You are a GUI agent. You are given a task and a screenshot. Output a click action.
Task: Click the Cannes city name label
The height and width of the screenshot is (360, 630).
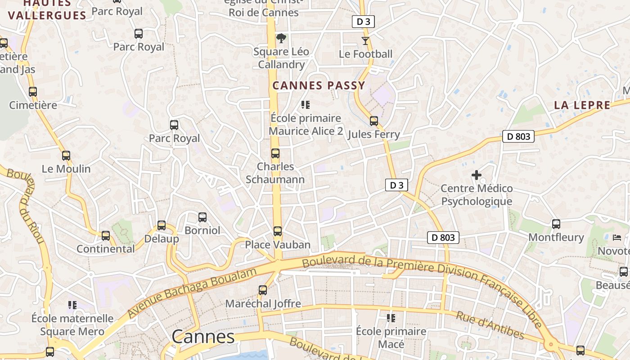(203, 337)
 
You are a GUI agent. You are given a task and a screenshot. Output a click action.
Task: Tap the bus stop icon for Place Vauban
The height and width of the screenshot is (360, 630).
(278, 231)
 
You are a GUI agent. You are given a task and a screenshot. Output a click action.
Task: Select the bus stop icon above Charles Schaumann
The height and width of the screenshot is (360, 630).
(275, 153)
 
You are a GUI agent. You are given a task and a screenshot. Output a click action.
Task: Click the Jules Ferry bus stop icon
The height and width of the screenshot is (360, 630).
(374, 121)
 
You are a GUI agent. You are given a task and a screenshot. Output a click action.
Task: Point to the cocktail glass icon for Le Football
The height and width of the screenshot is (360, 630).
(365, 41)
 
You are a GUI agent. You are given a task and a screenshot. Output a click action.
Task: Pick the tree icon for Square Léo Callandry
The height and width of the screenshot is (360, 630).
(281, 38)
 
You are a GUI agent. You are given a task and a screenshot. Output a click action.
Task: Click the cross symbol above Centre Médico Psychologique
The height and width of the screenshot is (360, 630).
(477, 175)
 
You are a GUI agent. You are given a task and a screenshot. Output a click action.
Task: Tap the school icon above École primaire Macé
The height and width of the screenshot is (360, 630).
(391, 318)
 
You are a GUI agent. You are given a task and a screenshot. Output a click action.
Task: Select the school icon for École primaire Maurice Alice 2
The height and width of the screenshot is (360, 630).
(306, 105)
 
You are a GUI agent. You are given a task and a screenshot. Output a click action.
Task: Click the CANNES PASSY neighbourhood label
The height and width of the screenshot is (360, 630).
(319, 85)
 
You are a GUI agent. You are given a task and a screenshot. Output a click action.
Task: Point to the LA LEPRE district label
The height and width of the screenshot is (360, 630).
(582, 105)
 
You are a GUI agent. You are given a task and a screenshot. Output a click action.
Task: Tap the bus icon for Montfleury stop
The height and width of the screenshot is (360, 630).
(556, 224)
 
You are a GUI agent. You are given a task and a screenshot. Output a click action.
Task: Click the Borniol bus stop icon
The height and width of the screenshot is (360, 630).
(202, 217)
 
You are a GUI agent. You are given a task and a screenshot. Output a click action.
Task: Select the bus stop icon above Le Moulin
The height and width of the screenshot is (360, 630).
(66, 156)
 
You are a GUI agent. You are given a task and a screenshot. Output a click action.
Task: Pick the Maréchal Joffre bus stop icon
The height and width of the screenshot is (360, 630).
(263, 290)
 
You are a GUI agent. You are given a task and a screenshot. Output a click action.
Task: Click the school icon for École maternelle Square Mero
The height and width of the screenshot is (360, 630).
(72, 305)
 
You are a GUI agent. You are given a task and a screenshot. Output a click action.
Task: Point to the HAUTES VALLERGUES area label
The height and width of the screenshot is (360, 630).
(47, 10)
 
